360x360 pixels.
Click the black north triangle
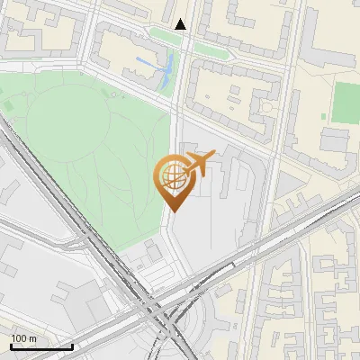[181, 24]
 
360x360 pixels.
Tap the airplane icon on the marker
[199, 165]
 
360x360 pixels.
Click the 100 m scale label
[23, 338]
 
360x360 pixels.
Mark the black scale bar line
[41, 346]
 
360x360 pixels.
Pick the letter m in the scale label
[31, 338]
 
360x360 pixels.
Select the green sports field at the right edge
[345, 102]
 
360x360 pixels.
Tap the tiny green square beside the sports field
[327, 114]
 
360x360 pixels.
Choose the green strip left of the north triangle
[160, 33]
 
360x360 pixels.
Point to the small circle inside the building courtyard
[264, 105]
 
